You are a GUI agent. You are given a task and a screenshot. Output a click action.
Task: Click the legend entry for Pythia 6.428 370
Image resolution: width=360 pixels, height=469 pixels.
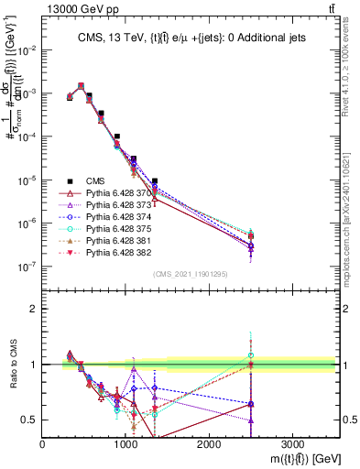coord(108,194)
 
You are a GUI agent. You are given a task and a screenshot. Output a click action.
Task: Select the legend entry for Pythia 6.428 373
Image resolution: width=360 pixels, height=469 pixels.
coord(108,208)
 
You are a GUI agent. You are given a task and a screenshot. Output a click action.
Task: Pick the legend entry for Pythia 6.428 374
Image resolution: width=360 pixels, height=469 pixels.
coord(108,222)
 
